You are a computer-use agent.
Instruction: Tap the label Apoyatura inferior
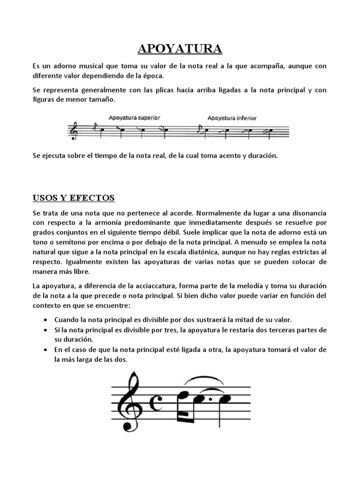click(x=232, y=118)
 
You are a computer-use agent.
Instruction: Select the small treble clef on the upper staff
click(x=73, y=131)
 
